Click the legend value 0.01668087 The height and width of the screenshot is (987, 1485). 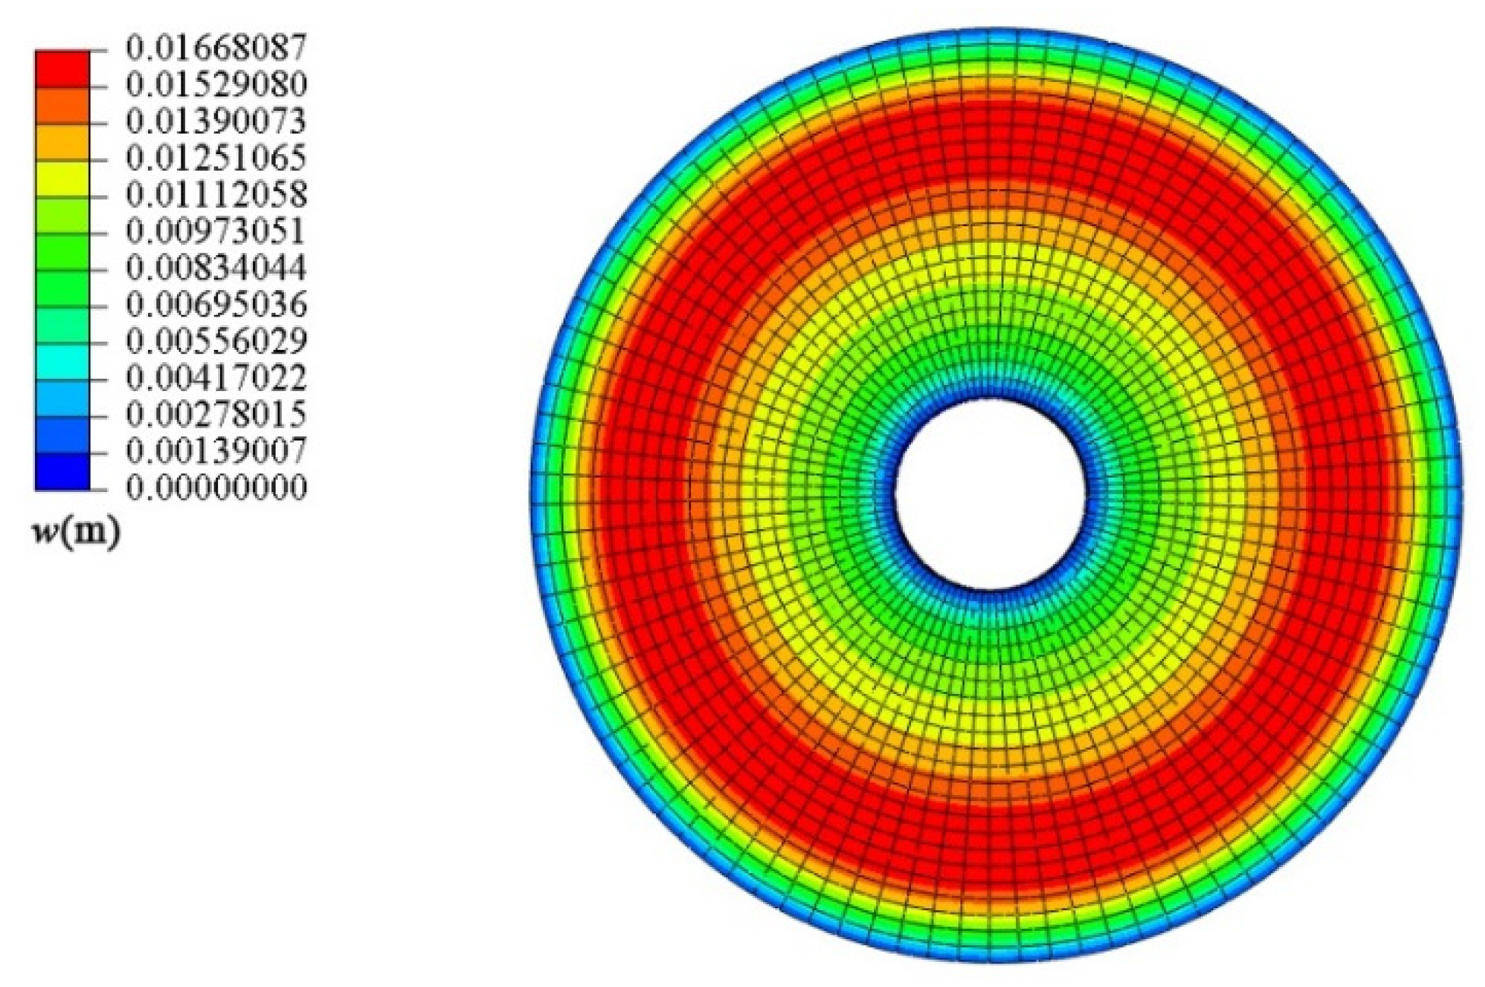[216, 48]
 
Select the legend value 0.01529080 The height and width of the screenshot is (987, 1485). [216, 84]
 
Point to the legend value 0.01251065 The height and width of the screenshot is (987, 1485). [216, 158]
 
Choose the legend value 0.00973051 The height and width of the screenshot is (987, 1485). [216, 231]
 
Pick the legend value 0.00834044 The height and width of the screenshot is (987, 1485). [216, 268]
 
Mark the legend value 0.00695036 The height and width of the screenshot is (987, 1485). [216, 304]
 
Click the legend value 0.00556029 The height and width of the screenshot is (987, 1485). [216, 341]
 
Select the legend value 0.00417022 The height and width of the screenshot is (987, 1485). [216, 377]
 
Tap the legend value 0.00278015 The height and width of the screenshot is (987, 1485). [216, 415]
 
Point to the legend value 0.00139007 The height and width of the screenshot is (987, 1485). [216, 451]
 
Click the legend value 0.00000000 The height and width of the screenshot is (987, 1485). [216, 487]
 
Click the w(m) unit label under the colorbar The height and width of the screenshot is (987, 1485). [76, 533]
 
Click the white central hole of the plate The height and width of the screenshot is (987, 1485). [991, 493]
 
